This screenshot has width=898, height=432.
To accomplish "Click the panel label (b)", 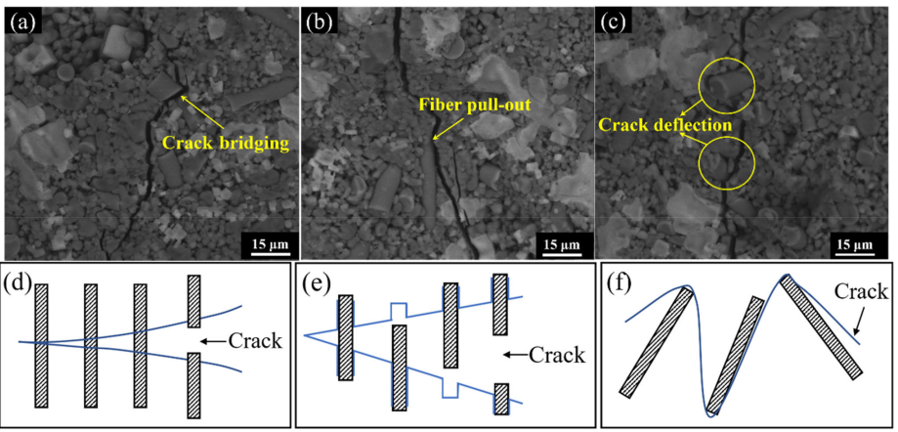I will (321, 20).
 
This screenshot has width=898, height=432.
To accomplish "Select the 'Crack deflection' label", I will (665, 125).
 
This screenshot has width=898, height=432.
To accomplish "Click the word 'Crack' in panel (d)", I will (257, 341).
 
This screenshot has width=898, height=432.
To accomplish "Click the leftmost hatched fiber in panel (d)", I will (41, 345).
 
